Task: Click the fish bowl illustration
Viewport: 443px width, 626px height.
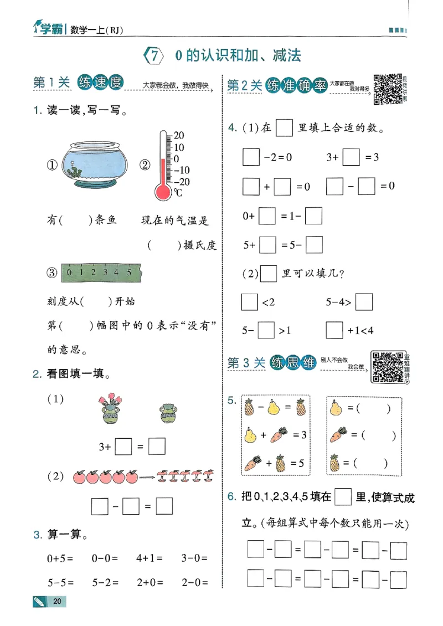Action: (95, 163)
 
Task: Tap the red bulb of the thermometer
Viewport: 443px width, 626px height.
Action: (163, 191)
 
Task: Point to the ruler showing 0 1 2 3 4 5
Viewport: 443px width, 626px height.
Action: (102, 273)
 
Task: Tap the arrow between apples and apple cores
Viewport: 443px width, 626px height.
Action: (147, 476)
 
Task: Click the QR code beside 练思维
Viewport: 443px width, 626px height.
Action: (387, 367)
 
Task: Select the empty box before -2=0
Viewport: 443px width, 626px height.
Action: (250, 157)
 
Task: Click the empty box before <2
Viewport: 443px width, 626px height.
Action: (250, 302)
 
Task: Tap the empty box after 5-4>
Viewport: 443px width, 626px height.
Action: (364, 302)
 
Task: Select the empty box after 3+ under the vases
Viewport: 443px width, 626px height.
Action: (123, 446)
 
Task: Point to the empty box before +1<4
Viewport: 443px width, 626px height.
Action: (334, 331)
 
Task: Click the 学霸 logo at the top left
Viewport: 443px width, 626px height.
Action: (46, 28)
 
